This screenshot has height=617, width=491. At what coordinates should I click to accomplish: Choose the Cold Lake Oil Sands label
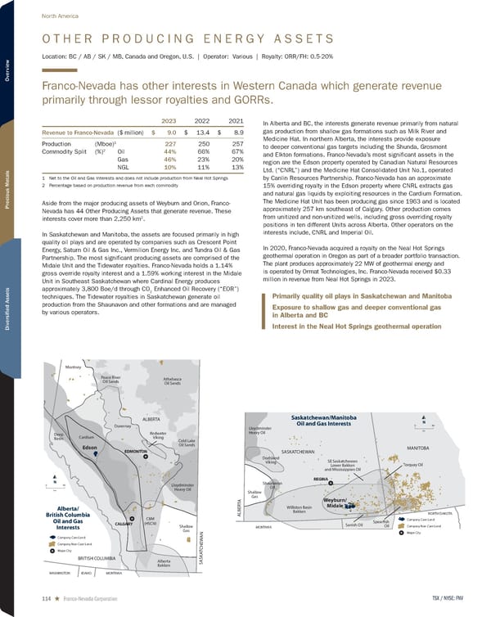[x=187, y=443]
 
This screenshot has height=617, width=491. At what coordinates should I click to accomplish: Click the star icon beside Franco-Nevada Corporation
[x=58, y=599]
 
